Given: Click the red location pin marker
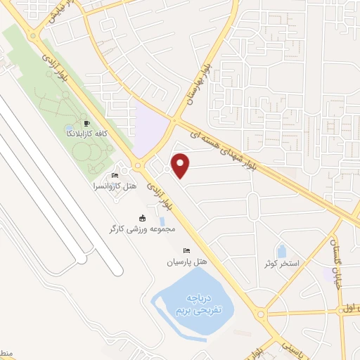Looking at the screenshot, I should pos(181,165).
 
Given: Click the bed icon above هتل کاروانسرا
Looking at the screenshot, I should pos(115,176).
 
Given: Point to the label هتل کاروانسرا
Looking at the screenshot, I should pos(114,187).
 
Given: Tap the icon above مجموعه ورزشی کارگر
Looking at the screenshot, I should pos(142,217).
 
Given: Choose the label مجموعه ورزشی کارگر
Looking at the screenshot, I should pos(141,229).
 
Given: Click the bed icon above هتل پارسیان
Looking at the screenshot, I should pos(186,250).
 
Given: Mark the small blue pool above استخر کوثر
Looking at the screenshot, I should pos(281,251).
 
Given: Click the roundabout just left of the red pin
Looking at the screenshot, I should pos(139,166).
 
